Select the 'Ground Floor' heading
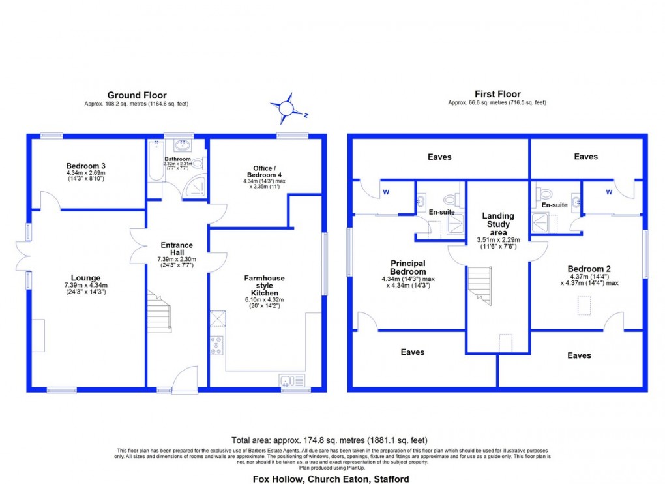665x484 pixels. pyautogui.click(x=137, y=95)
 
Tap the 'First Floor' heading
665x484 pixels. pyautogui.click(x=497, y=95)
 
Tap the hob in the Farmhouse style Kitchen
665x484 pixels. pyautogui.click(x=216, y=344)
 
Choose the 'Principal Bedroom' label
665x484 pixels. pyautogui.click(x=408, y=267)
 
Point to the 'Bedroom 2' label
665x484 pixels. pyautogui.click(x=589, y=269)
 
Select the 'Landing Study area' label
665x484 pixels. pyautogui.click(x=498, y=224)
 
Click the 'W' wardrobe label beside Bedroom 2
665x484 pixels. pyautogui.click(x=609, y=192)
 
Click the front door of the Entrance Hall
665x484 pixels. pyautogui.click(x=185, y=380)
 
